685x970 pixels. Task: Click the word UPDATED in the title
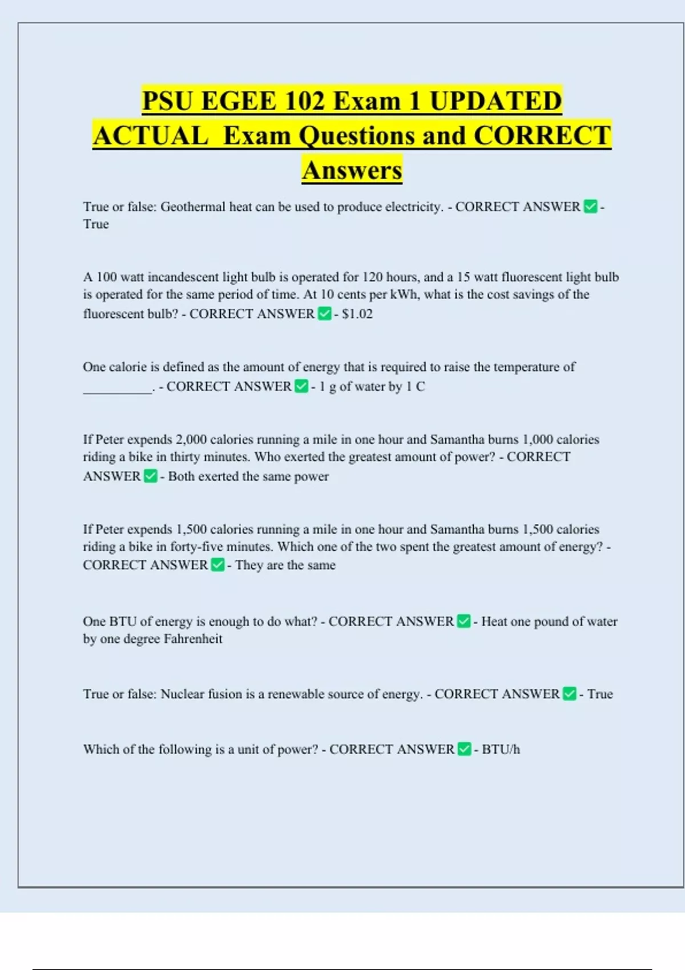tap(495, 101)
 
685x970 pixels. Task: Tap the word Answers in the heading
tap(352, 170)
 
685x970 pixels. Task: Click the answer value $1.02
tap(357, 314)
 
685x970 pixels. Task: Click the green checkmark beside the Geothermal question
tap(590, 207)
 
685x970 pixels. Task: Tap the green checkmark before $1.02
tap(324, 314)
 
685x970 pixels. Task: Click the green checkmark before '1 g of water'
tap(301, 386)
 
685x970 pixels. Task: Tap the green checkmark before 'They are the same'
tap(217, 565)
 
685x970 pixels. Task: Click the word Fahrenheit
tap(193, 639)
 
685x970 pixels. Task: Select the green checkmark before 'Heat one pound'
tap(464, 621)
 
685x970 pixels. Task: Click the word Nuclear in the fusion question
tap(182, 694)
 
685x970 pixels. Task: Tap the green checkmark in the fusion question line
tap(569, 694)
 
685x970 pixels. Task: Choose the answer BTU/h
tap(501, 749)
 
